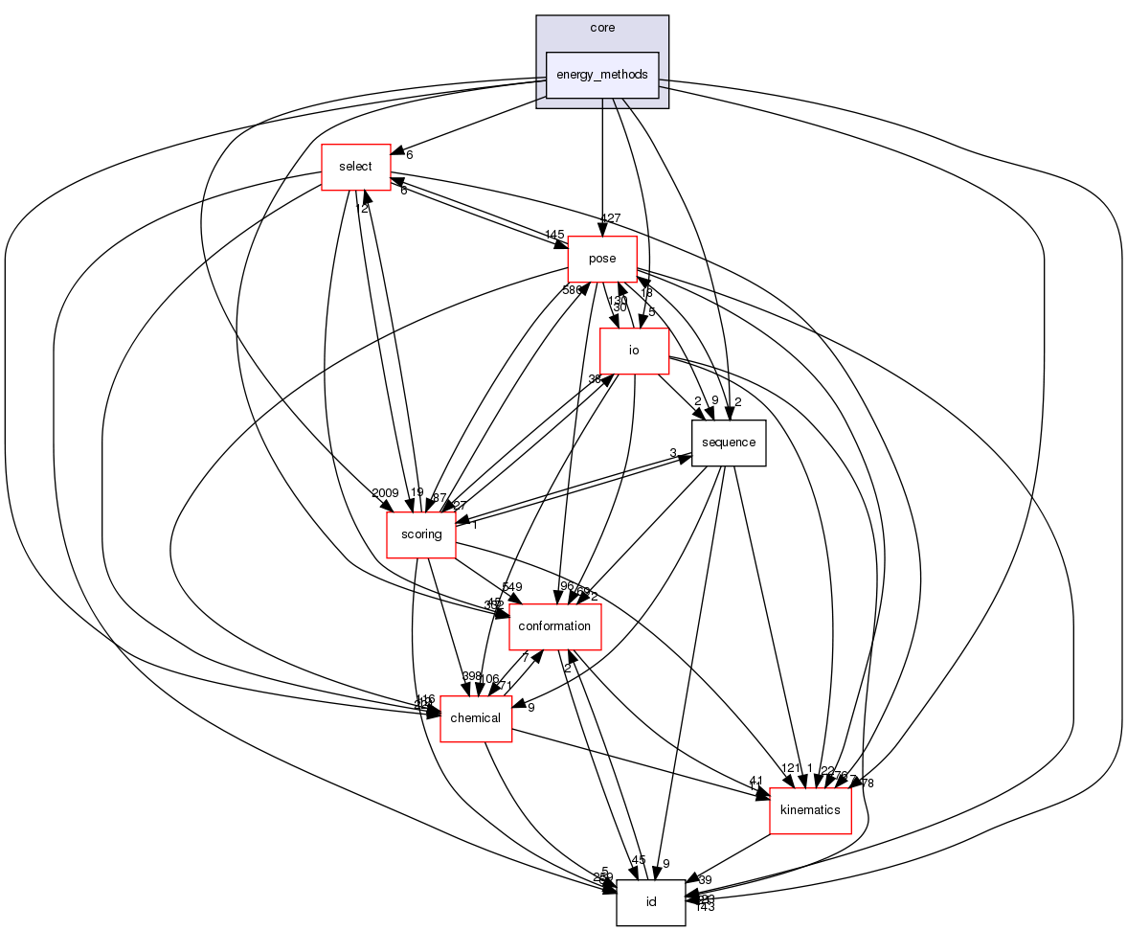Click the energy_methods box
click(x=602, y=75)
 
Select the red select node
click(x=354, y=167)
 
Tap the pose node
click(x=602, y=259)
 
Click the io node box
click(x=633, y=351)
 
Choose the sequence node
click(x=729, y=443)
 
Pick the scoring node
click(x=420, y=534)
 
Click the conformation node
click(x=554, y=626)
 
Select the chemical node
click(x=475, y=718)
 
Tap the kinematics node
click(x=810, y=810)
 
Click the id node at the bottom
click(x=650, y=902)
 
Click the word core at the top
click(x=602, y=29)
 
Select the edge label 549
click(x=512, y=586)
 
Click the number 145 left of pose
click(x=554, y=236)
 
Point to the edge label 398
click(x=472, y=677)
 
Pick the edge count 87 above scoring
click(x=440, y=497)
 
